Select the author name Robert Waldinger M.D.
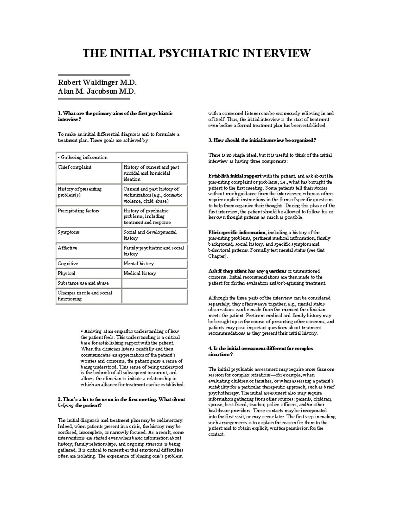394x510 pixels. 97,82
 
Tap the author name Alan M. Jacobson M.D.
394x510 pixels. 97,91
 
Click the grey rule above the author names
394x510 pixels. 94,75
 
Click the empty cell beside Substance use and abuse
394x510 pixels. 154,283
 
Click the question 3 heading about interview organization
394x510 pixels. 262,141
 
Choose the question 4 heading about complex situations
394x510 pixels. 261,352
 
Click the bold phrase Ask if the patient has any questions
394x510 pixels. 247,271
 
